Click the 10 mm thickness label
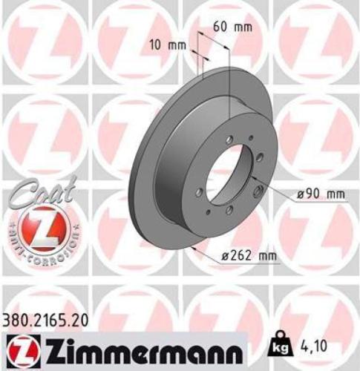(x=167, y=45)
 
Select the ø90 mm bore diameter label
(x=320, y=195)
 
